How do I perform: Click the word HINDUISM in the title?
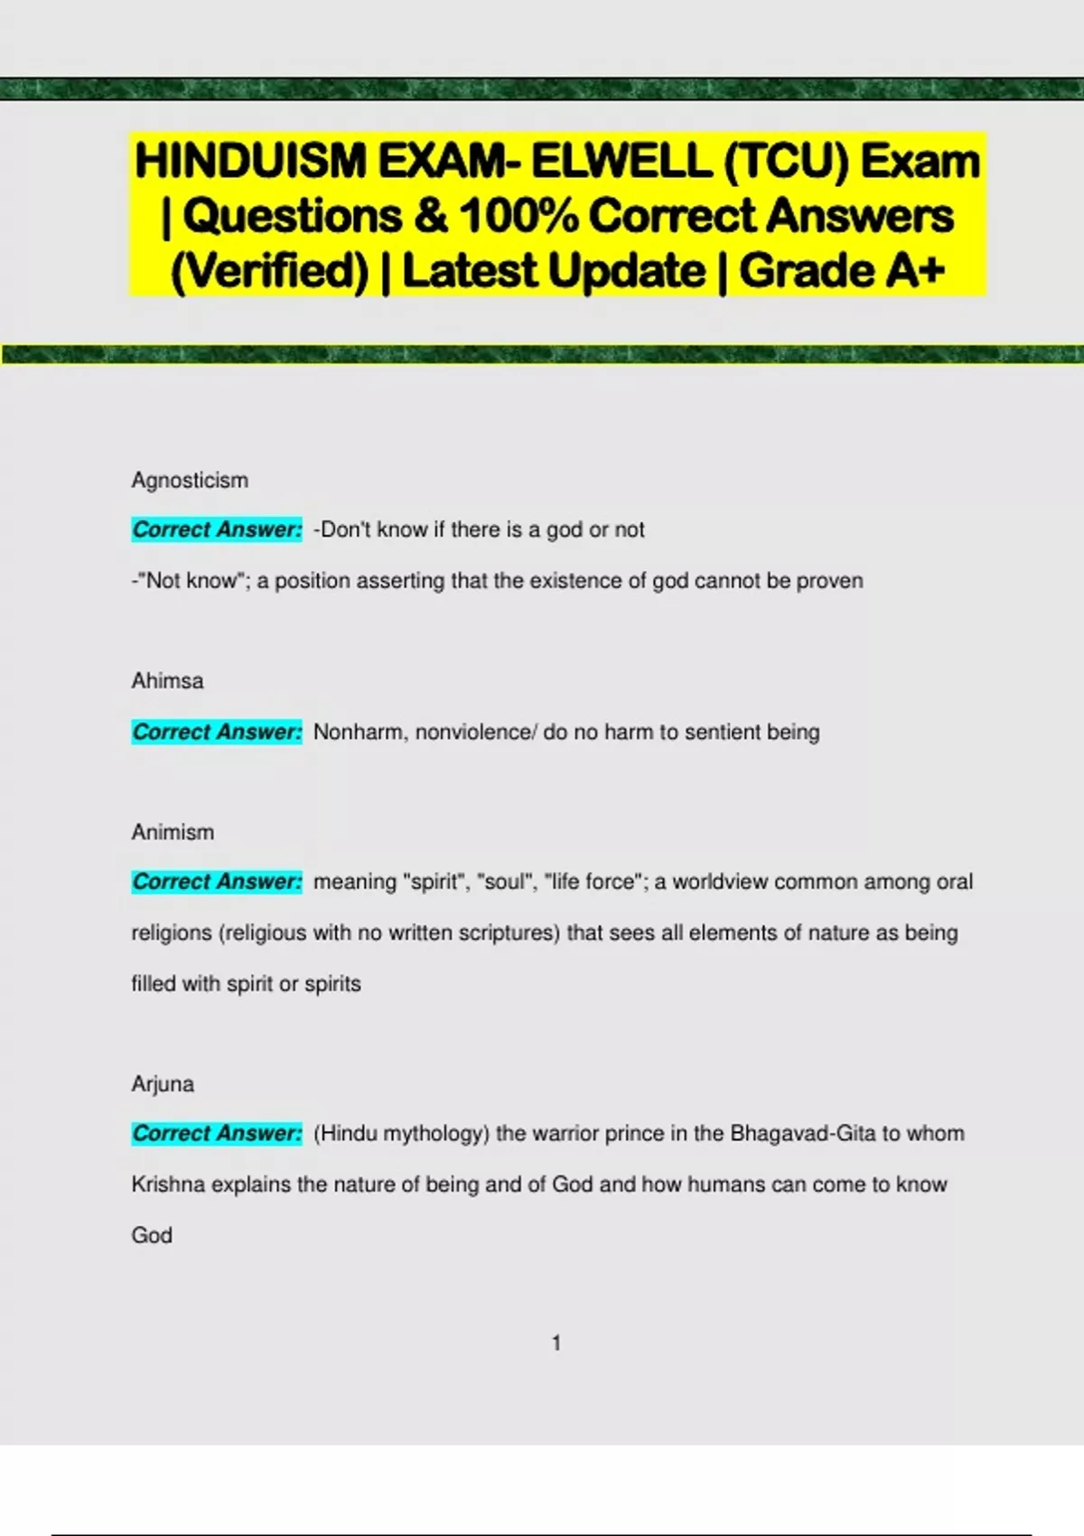pyautogui.click(x=250, y=162)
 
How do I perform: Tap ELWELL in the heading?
pyautogui.click(x=621, y=162)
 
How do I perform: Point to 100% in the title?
pyautogui.click(x=519, y=216)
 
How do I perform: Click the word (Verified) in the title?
pyautogui.click(x=270, y=271)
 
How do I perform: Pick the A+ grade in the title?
pyautogui.click(x=915, y=271)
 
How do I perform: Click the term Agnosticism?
pyautogui.click(x=190, y=480)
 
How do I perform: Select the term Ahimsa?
pyautogui.click(x=167, y=680)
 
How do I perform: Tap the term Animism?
pyautogui.click(x=173, y=831)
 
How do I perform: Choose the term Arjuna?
pyautogui.click(x=163, y=1083)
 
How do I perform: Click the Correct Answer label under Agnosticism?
pyautogui.click(x=217, y=529)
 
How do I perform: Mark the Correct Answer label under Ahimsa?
pyautogui.click(x=217, y=732)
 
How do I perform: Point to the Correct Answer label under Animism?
pyautogui.click(x=217, y=882)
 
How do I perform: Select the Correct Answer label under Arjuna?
pyautogui.click(x=217, y=1133)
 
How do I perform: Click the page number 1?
pyautogui.click(x=556, y=1344)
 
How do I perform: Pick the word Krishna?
pyautogui.click(x=168, y=1185)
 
